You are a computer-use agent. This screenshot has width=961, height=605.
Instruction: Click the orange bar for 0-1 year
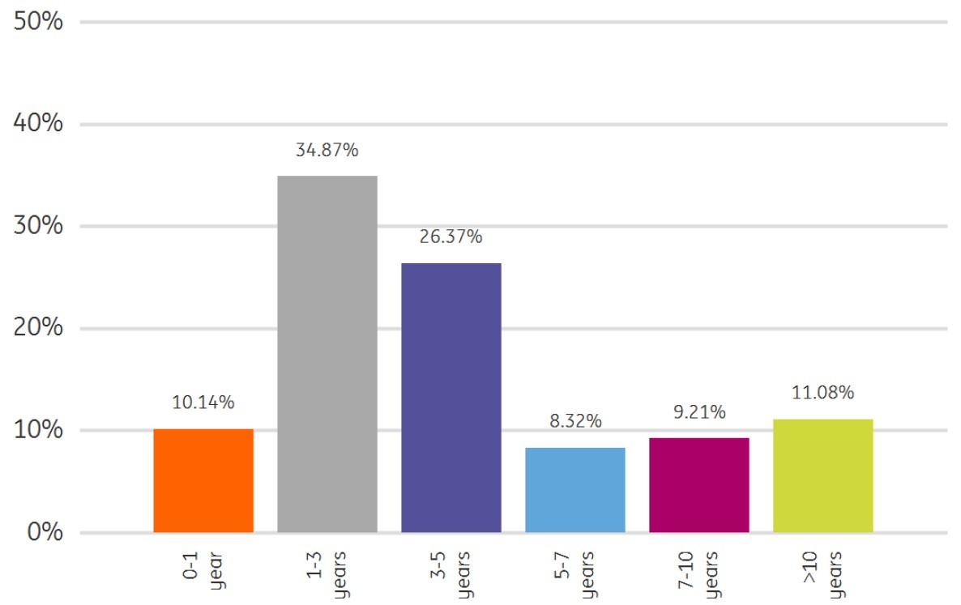[x=203, y=480]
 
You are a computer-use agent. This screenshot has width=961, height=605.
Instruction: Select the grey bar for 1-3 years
[x=327, y=354]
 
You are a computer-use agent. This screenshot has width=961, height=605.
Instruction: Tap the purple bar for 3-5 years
[x=451, y=398]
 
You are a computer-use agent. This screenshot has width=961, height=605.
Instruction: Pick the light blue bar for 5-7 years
[x=575, y=490]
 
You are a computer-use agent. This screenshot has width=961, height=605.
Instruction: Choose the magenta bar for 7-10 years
[x=699, y=485]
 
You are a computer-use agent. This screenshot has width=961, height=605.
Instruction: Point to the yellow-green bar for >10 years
[x=823, y=475]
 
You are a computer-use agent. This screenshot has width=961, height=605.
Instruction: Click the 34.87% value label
[x=327, y=150]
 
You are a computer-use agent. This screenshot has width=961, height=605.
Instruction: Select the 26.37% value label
[x=451, y=237]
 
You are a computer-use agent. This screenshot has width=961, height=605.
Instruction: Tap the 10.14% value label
[x=203, y=403]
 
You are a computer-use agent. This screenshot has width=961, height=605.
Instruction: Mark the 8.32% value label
[x=575, y=421]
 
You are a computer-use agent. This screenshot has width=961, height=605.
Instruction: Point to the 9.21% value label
[x=699, y=412]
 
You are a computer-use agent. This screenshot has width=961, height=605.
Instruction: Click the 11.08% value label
[x=823, y=394]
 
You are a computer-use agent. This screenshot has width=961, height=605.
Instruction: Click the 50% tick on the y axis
[x=39, y=22]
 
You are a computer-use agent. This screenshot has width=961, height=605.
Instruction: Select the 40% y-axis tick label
[x=39, y=124]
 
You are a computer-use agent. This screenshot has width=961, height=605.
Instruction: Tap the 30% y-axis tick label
[x=39, y=226]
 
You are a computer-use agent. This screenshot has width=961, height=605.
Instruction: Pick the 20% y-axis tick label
[x=39, y=328]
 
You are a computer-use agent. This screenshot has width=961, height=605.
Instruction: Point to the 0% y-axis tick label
[x=45, y=532]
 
